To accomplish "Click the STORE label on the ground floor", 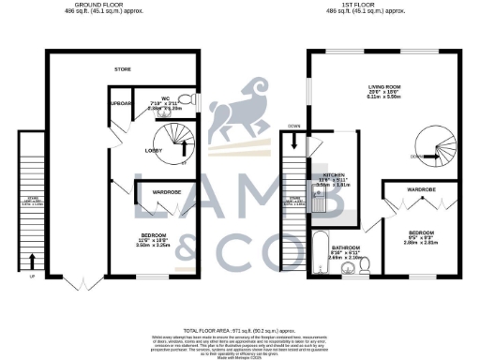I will coord(123,68).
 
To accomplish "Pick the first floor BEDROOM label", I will coord(419,232).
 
